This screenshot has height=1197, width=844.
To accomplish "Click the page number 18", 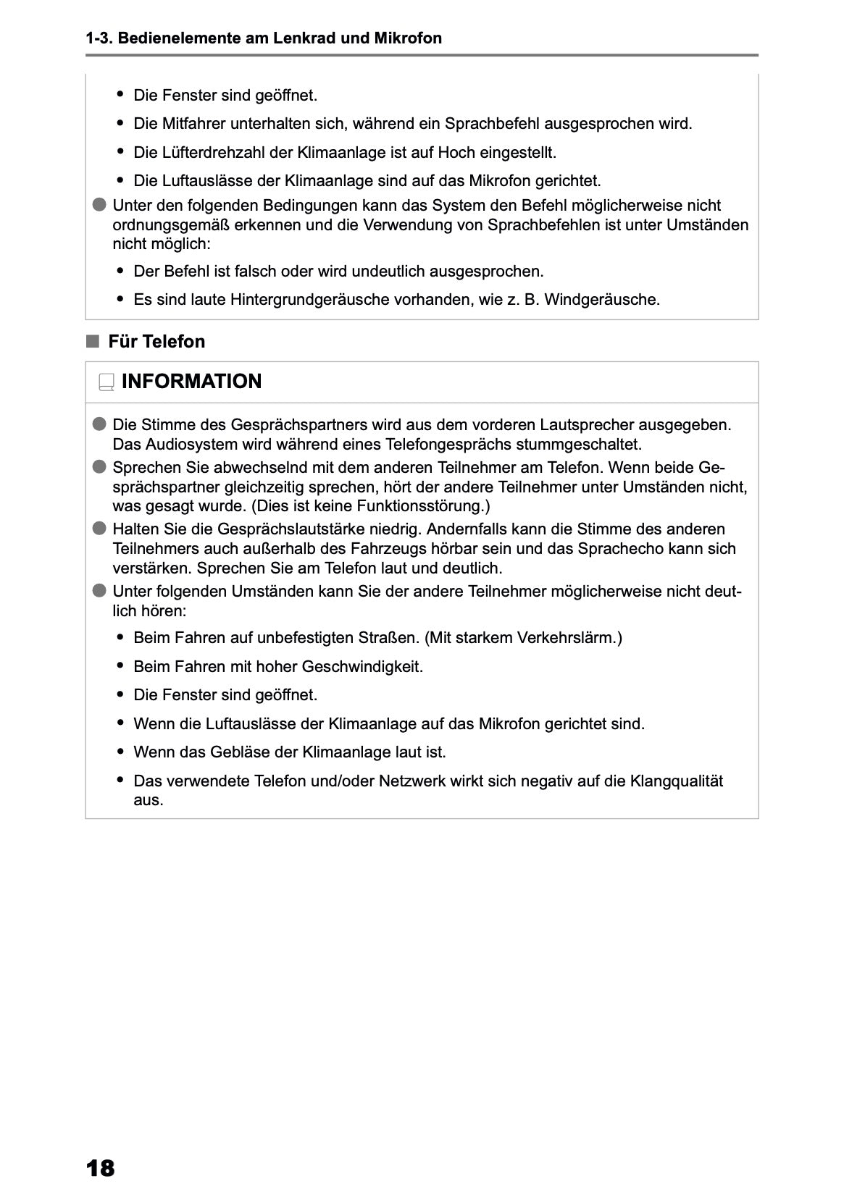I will (100, 1168).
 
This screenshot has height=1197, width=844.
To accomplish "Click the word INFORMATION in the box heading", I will (191, 382).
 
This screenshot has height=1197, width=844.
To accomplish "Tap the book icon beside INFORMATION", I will (106, 382).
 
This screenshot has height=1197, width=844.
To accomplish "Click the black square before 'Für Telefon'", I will (92, 342).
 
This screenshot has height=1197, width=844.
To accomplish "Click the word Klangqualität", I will (677, 781).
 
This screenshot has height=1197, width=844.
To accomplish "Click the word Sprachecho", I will (615, 549).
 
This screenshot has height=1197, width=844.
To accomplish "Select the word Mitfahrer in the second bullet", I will (195, 124).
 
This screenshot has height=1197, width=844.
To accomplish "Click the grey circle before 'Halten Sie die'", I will (99, 529).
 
